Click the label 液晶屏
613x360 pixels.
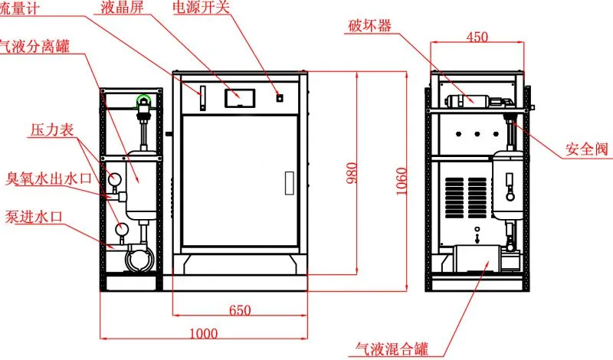tap(123, 8)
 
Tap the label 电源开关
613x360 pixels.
tap(201, 7)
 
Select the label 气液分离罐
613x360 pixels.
tap(34, 47)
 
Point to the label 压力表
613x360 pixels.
tap(52, 129)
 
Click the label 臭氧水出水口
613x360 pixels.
tap(48, 178)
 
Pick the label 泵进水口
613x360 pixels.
tap(34, 217)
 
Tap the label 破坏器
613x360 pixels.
tap(369, 26)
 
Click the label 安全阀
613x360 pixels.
tap(587, 149)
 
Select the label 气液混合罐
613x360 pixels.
tap(392, 349)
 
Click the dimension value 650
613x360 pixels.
tap(240, 310)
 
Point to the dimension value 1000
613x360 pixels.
tap(204, 333)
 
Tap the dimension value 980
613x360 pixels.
tap(352, 173)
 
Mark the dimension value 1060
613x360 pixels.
tap(401, 182)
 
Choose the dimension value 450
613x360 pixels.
tap(477, 37)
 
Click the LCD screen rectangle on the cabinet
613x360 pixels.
tap(240, 98)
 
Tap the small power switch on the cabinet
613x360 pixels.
tap(280, 98)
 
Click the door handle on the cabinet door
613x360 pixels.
tap(290, 183)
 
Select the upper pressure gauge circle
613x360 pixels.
tap(115, 180)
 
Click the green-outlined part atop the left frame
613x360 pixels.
tap(145, 101)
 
